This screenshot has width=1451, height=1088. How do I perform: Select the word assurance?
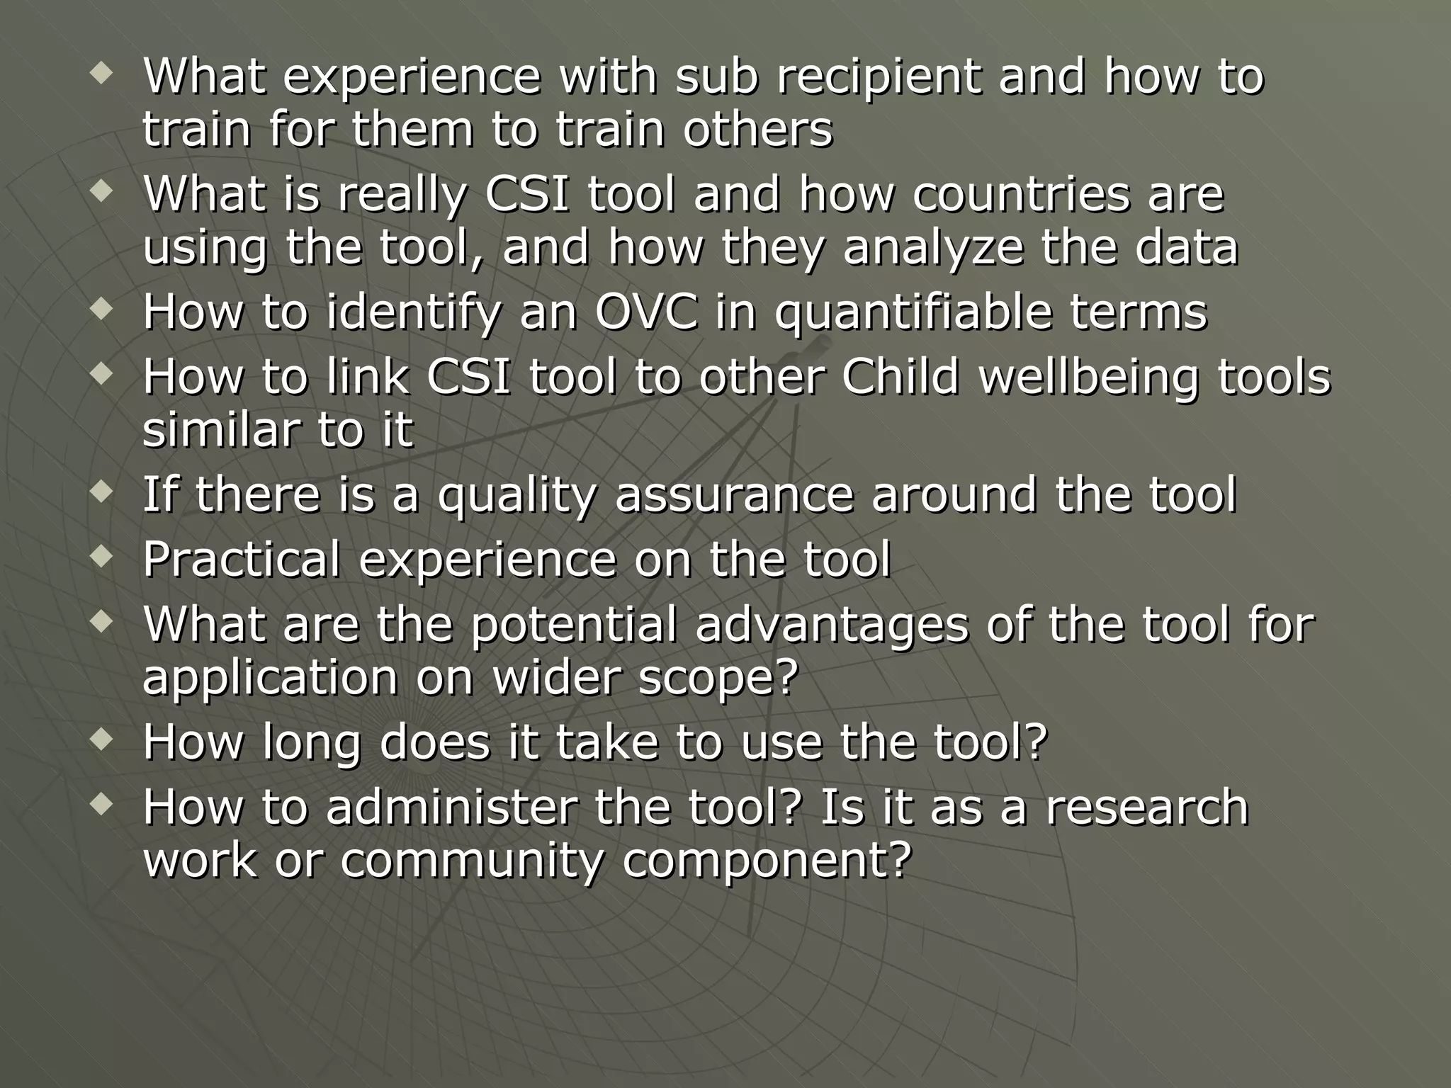click(733, 494)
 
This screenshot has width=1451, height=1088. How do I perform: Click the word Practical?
click(242, 559)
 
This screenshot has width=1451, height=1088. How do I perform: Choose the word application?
click(270, 679)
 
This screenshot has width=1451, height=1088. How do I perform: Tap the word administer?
click(450, 807)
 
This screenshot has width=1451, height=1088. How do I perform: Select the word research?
click(1146, 807)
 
